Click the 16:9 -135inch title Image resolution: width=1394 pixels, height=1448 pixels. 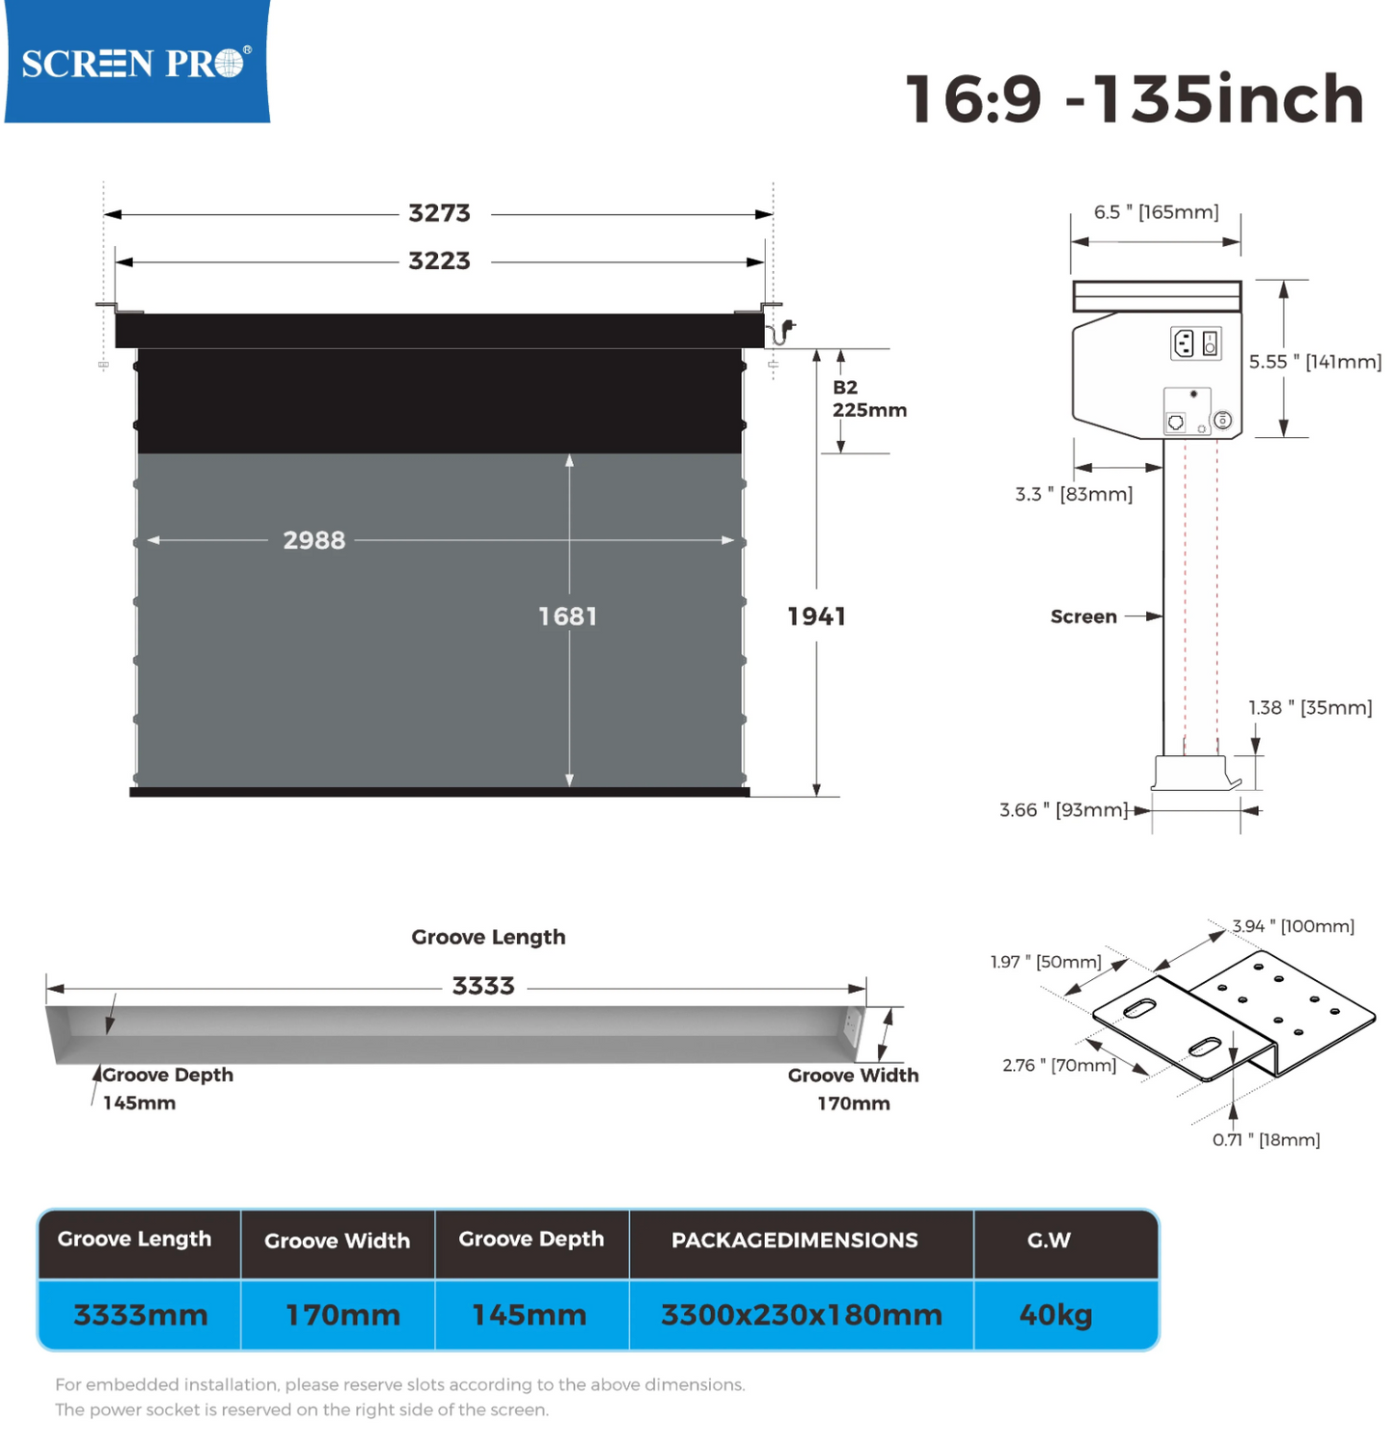click(1134, 99)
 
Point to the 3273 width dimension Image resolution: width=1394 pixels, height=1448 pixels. click(439, 213)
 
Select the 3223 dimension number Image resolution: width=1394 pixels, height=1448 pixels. click(439, 261)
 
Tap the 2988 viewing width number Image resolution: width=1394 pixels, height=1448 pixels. click(314, 540)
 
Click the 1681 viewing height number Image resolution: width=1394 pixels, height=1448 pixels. click(567, 616)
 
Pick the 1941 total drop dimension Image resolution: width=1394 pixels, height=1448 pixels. click(816, 616)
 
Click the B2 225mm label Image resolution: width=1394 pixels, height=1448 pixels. click(869, 398)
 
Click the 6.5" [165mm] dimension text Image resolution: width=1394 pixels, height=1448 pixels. click(1156, 212)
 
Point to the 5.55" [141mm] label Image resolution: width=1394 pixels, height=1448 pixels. click(1315, 362)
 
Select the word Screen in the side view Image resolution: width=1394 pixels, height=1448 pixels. click(1083, 616)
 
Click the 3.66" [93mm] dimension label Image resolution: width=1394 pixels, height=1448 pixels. click(1063, 810)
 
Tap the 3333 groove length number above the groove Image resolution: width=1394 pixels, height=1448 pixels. click(483, 986)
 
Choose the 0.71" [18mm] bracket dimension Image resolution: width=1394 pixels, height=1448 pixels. click(1266, 1140)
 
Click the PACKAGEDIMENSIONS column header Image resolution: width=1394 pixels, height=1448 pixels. click(795, 1241)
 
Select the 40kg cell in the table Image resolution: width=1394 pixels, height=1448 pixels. click(1055, 1315)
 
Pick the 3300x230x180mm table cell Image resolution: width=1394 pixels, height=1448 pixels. click(801, 1315)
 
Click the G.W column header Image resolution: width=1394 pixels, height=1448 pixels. click(1049, 1241)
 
